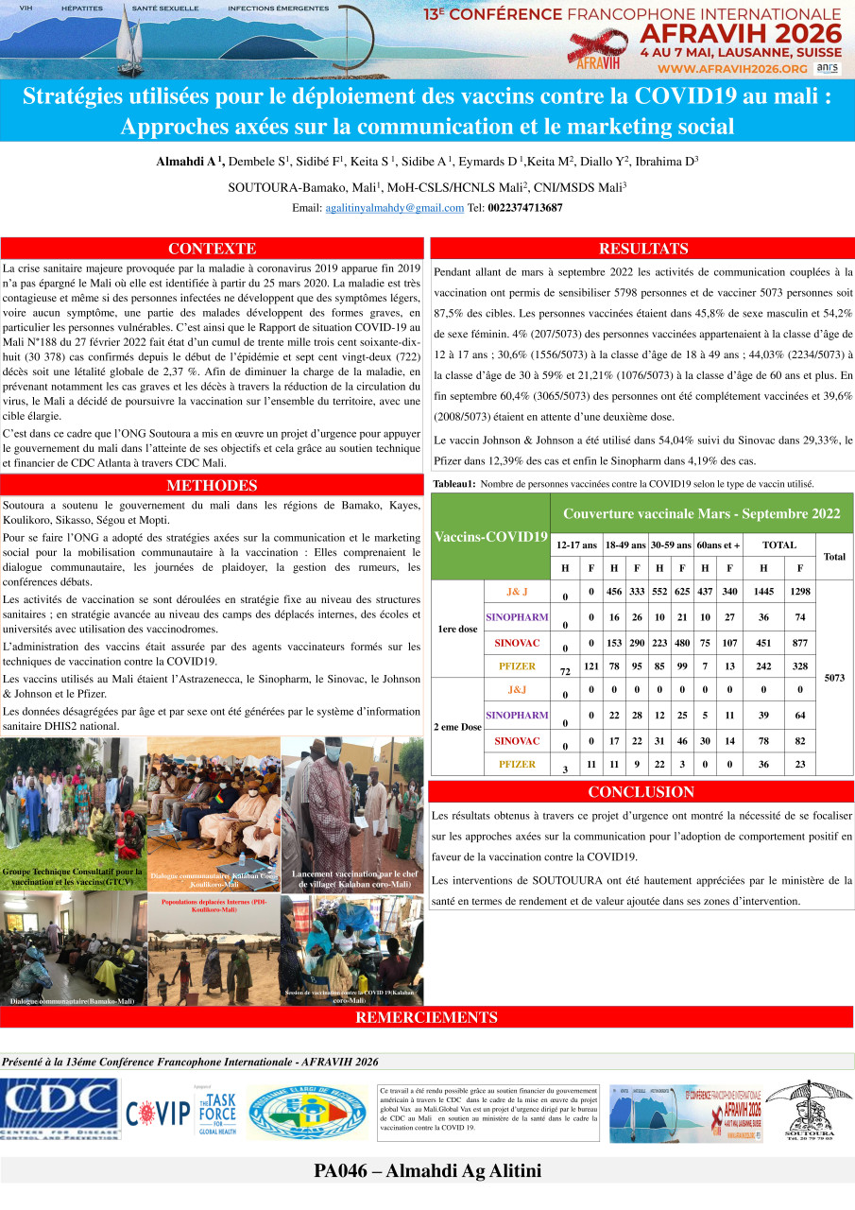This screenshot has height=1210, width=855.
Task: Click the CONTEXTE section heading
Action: tap(212, 249)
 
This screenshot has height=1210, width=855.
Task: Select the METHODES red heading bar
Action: tap(212, 486)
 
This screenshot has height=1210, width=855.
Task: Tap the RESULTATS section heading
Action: tap(642, 249)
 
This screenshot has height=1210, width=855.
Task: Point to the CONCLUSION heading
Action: tap(641, 792)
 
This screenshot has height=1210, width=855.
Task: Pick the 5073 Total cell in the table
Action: tap(834, 677)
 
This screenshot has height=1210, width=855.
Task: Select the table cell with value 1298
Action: tap(800, 592)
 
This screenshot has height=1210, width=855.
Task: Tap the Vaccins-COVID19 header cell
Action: tap(490, 537)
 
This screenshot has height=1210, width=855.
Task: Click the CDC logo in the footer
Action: tap(60, 1108)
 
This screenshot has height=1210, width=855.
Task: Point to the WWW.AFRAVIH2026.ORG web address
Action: tap(733, 69)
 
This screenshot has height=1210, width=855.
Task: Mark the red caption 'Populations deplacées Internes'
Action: tap(214, 906)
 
